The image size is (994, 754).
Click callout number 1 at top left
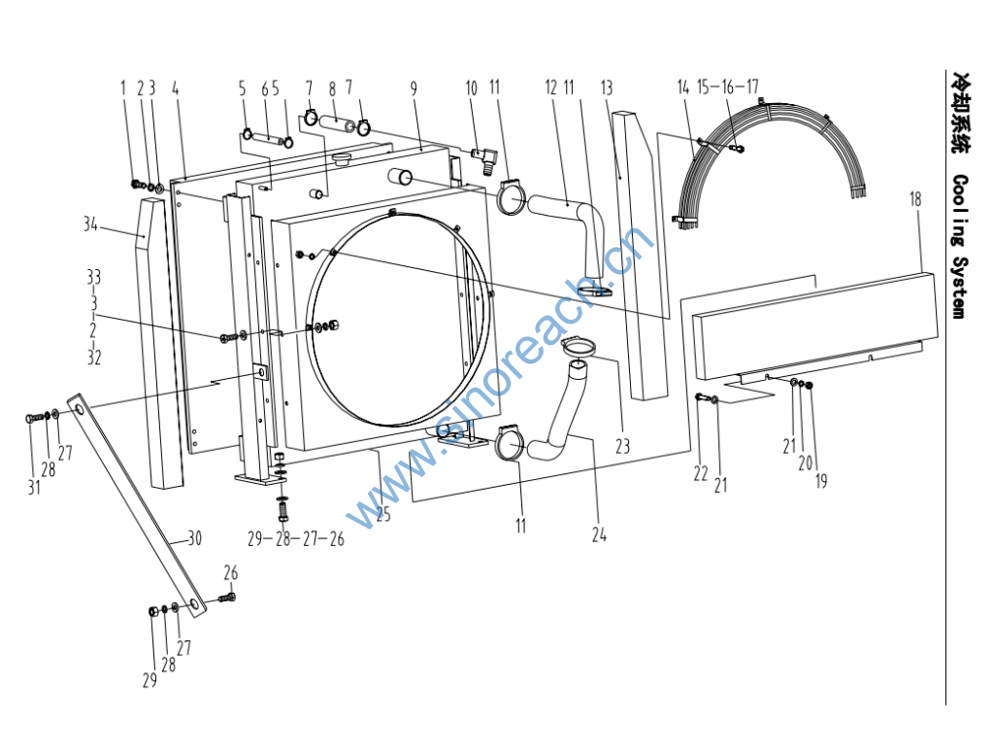point(123,88)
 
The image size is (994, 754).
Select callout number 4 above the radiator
point(176,88)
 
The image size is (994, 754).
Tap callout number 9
point(414,88)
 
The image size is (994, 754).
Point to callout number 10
point(472,88)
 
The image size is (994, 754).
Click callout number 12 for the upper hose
point(550,88)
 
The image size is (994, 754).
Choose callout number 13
point(607,88)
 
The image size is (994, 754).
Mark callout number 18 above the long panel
point(915,198)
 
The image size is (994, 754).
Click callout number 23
point(622,447)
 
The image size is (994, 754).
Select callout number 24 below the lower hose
point(599,533)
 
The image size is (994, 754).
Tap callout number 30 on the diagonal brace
point(193,538)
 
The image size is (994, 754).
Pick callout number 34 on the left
point(90,225)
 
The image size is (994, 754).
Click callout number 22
point(700,473)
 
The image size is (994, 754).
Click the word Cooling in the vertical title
point(958,205)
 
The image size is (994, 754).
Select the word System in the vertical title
point(958,287)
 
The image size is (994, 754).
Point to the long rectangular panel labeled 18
point(815,321)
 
